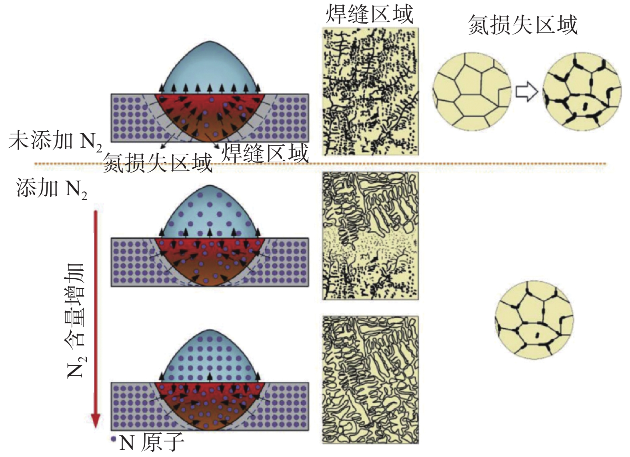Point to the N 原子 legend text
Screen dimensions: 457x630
(x=152, y=443)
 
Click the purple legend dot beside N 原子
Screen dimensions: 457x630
(x=114, y=439)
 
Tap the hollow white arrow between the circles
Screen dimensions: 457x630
(x=526, y=92)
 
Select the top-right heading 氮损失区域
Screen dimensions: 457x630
(x=523, y=25)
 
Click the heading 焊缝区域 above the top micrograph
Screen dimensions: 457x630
(x=369, y=14)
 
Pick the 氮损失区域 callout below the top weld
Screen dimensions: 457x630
(x=158, y=163)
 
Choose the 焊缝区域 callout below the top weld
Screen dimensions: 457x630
(x=265, y=153)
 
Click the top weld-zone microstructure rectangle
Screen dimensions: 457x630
(x=370, y=91)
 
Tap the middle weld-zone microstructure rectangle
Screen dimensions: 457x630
(x=370, y=236)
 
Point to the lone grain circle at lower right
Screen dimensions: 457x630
(x=534, y=320)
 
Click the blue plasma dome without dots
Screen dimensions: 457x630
(x=210, y=68)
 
